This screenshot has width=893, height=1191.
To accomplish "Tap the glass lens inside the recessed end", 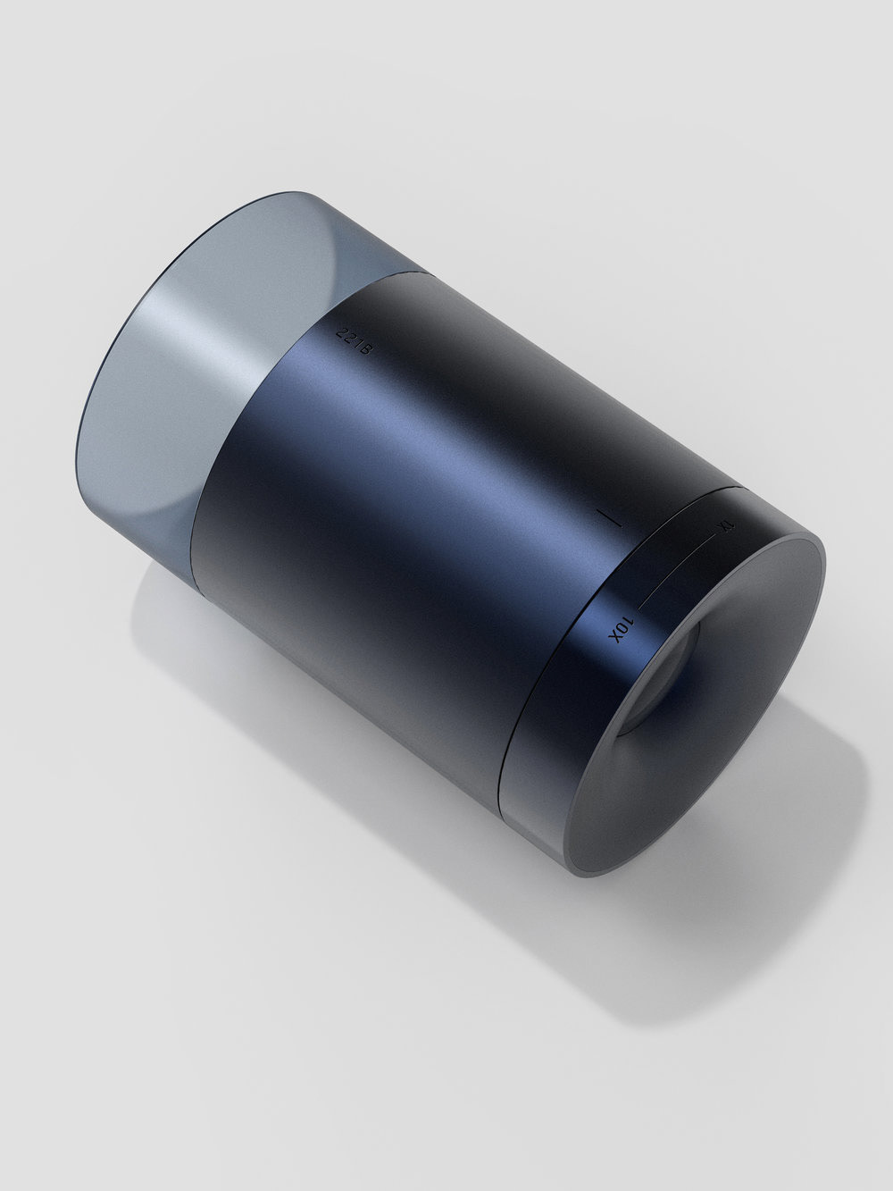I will tap(661, 679).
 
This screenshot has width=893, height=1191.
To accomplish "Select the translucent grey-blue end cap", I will tap(179, 375).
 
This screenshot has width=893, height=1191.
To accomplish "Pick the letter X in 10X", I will tap(615, 636).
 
